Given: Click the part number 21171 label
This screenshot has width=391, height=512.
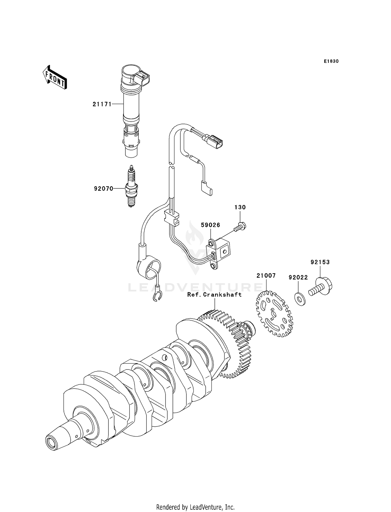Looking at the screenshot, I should [102, 104].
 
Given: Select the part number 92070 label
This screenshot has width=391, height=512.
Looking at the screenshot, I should [103, 188].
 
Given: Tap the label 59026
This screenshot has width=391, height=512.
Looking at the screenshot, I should [210, 225].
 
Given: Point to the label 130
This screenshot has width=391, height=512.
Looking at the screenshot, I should [240, 207].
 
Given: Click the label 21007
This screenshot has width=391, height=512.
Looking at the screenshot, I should [266, 276].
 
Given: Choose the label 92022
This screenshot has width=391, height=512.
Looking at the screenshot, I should [298, 277].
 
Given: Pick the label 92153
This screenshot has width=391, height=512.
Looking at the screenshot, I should [320, 262].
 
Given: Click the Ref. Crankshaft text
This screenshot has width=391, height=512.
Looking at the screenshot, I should [214, 294].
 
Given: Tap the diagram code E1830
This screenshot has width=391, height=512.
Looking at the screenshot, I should [331, 61].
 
